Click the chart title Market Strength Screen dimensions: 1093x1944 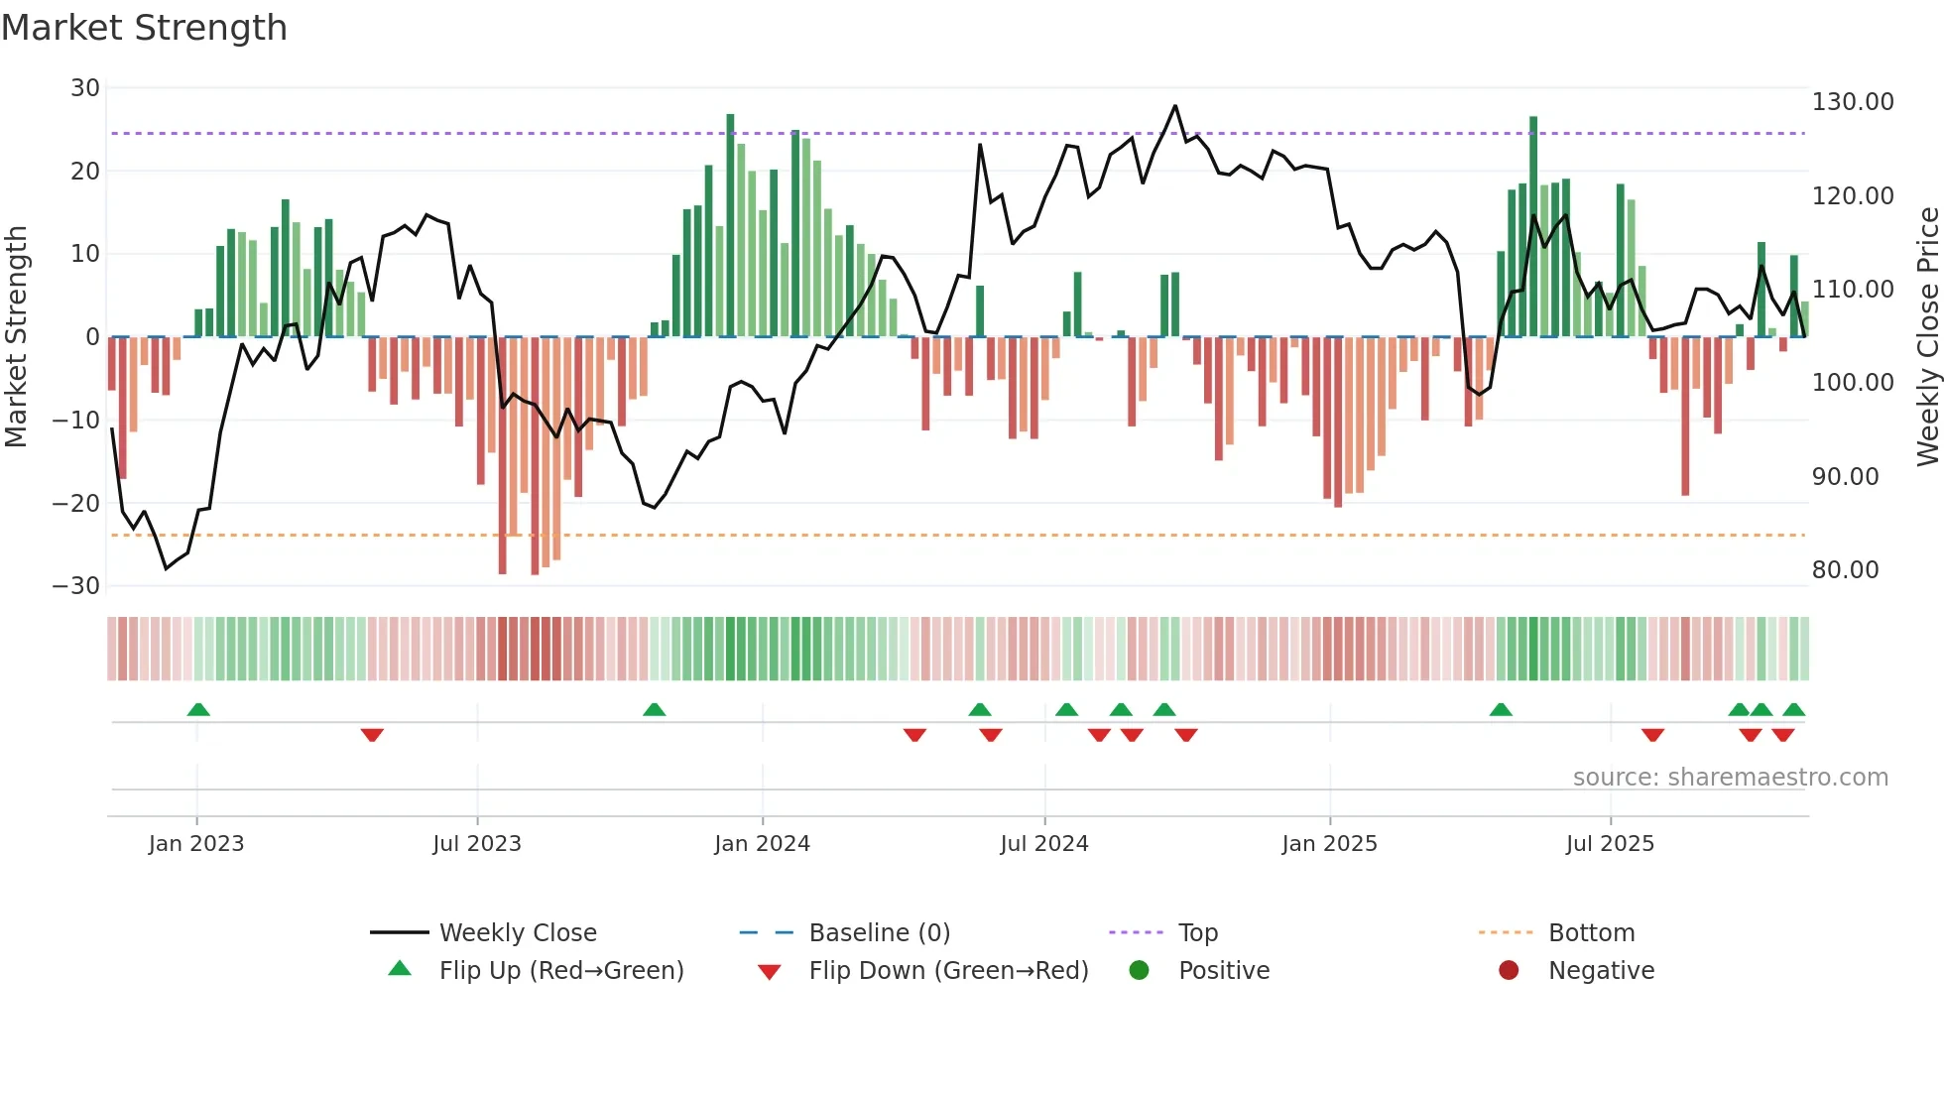pos(144,28)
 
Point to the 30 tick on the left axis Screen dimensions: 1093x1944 pos(85,88)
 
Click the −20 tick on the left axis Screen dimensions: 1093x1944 pos(76,503)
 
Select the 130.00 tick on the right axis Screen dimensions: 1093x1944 pos(1852,102)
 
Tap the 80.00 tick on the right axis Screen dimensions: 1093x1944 pos(1845,570)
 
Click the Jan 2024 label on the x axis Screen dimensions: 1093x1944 pos(762,844)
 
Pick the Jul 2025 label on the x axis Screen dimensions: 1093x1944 pos(1610,844)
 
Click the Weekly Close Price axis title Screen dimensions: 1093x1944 pos(1927,336)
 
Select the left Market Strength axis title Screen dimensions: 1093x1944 pos(16,336)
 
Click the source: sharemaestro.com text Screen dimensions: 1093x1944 pos(1730,778)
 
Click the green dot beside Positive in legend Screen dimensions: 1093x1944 pos(1139,971)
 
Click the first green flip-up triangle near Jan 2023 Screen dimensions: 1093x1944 pos(198,710)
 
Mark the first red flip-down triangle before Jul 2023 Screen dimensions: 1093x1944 pos(372,735)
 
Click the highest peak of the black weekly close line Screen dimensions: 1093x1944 pos(1175,106)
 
